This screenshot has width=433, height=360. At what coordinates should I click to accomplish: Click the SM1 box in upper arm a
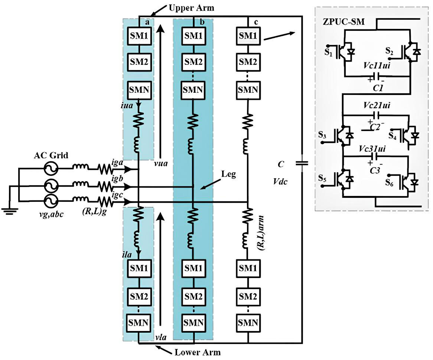[x=138, y=36]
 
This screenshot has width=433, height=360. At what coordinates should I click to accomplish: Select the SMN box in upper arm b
[x=193, y=89]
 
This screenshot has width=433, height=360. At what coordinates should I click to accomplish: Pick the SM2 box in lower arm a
[x=138, y=297]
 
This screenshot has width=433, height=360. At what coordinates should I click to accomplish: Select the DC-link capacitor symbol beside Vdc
[x=300, y=163]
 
